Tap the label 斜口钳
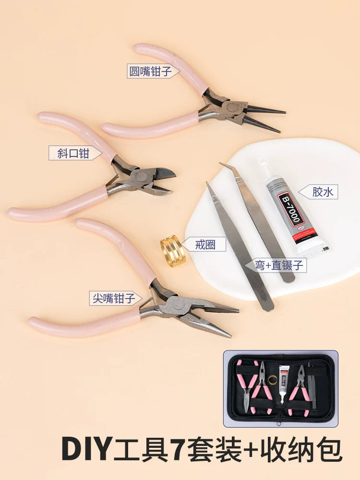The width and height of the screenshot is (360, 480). [73, 153]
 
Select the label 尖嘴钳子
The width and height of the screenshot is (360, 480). [114, 298]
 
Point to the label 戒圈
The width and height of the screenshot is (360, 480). [205, 245]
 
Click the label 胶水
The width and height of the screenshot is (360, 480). [323, 192]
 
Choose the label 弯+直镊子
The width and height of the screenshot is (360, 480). [279, 265]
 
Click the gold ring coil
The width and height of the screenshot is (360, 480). [173, 251]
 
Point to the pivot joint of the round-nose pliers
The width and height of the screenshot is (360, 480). [232, 107]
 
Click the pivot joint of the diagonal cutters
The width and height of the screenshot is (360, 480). [141, 176]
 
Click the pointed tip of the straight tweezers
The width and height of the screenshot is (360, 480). [207, 184]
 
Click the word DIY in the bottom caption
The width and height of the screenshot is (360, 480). [86, 449]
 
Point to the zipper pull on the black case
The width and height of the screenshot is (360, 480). [278, 420]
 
